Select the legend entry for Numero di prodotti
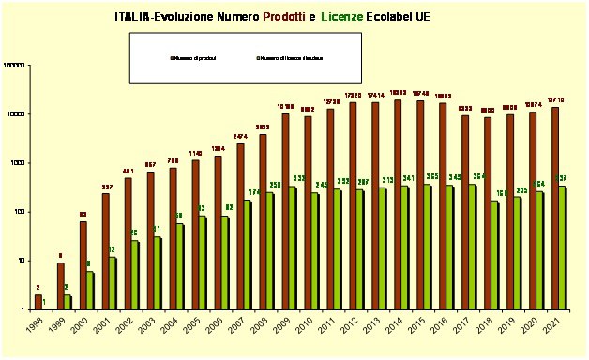(193, 58)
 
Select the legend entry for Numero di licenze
(290, 58)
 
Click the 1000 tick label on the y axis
(20, 163)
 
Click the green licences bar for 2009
(291, 247)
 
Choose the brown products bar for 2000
(83, 265)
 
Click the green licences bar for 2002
(134, 275)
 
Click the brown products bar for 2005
(195, 234)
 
